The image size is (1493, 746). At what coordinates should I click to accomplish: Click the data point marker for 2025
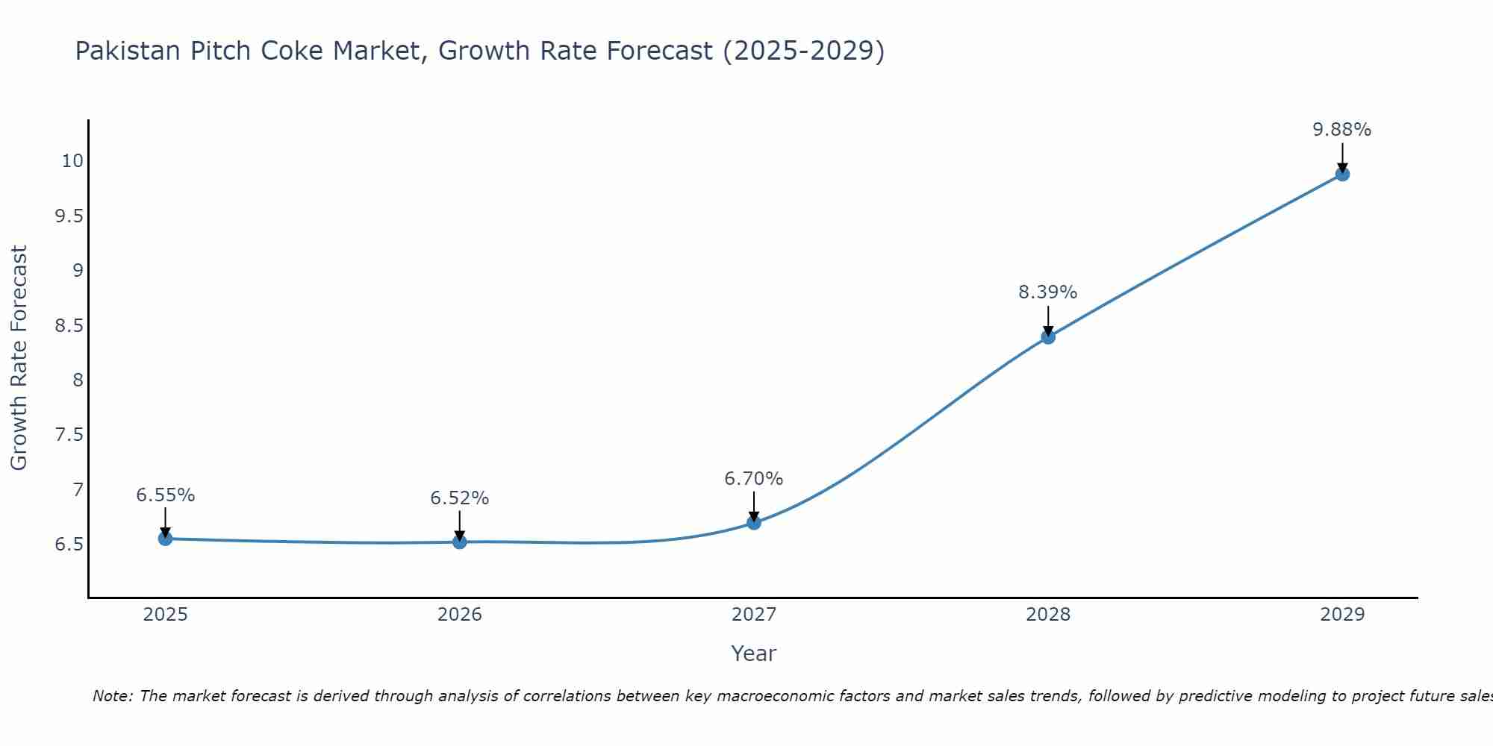coord(165,539)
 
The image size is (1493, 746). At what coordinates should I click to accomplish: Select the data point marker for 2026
coord(460,542)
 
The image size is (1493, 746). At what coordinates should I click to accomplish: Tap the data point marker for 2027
coord(754,522)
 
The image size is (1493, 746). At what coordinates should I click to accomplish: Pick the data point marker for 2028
coord(1048,336)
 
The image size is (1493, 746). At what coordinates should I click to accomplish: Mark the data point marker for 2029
coord(1342,174)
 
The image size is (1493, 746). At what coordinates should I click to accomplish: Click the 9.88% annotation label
coord(1342,130)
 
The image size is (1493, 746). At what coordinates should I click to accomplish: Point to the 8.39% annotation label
coord(1048,292)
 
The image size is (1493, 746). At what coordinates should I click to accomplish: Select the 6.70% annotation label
coord(754,479)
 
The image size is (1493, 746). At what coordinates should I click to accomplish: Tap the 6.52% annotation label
coord(460,498)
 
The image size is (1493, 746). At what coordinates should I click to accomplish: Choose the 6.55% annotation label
coord(165,495)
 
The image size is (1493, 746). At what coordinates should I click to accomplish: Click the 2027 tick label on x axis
coord(754,615)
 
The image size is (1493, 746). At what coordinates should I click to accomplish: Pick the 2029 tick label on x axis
coord(1342,615)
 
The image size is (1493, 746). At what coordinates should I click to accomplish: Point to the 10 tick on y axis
coord(72,161)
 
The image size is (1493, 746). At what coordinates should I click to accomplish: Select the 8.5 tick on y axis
coord(69,326)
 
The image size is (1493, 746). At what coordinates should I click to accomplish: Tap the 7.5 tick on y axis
coord(69,435)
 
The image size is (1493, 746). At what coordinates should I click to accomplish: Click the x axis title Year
coord(754,653)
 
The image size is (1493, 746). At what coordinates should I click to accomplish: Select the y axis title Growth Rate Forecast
coord(19,358)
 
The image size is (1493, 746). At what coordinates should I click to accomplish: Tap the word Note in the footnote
coord(112,696)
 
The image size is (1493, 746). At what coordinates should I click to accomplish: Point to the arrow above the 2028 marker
coord(1048,321)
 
